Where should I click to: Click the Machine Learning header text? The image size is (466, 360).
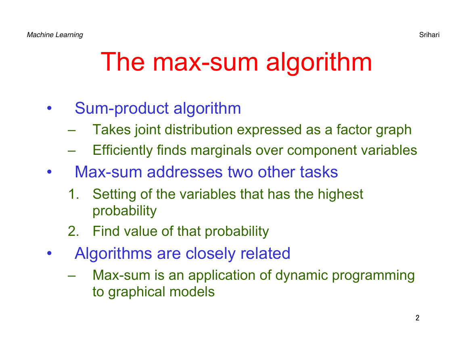pos(55,35)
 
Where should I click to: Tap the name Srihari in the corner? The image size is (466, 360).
pos(429,35)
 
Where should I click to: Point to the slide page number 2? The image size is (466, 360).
pos(418,318)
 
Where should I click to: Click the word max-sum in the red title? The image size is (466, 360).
pos(206,62)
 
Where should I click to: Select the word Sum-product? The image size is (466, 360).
pos(122,108)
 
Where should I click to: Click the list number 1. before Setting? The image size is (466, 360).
pos(73,194)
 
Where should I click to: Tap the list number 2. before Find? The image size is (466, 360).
pos(73,231)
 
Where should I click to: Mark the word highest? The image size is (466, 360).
pos(340,195)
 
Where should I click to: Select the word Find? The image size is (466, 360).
pos(106,231)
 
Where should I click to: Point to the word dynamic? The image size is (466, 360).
pos(301,276)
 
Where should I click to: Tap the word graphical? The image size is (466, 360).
pos(136,292)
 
